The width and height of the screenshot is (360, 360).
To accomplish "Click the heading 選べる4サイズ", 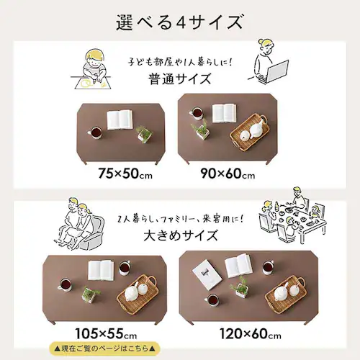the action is (x=180, y=22).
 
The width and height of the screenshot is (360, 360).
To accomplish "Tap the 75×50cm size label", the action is (x=125, y=174).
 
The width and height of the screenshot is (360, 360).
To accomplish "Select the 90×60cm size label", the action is (x=228, y=174).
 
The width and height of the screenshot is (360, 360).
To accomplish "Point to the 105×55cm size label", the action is (x=106, y=333).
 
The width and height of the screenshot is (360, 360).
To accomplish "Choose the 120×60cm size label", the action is (x=251, y=333).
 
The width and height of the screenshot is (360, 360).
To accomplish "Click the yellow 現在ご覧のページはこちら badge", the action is (x=104, y=348).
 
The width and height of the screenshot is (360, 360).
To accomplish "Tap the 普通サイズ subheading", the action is (x=180, y=79).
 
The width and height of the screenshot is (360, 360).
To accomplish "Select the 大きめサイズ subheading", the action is (x=181, y=235).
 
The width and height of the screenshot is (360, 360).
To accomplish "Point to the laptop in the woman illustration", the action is (x=277, y=71).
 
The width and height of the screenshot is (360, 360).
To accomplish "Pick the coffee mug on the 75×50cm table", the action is (x=95, y=133).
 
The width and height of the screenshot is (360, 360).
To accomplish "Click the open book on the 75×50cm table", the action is (x=120, y=120).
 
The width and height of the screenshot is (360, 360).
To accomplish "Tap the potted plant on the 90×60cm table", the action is (x=200, y=130).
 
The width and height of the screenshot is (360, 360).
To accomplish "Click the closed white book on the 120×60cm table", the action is (x=207, y=274).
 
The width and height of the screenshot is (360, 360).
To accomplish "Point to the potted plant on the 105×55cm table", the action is (x=90, y=294).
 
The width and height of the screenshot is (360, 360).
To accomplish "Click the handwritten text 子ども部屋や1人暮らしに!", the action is (x=180, y=62).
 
